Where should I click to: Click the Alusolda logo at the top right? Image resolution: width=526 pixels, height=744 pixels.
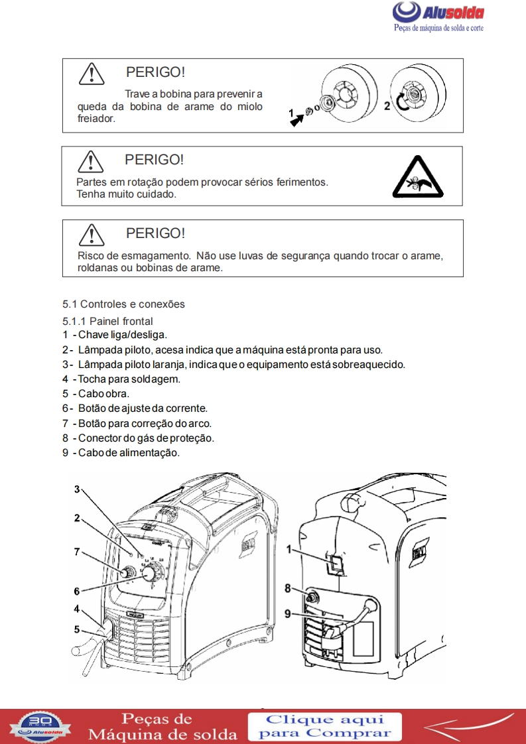coord(438,15)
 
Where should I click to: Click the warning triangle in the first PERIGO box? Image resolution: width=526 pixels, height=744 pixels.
coord(91,74)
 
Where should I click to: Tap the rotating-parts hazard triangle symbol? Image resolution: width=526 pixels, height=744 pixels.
coord(417,178)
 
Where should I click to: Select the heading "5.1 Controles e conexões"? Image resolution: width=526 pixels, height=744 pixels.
coord(123,304)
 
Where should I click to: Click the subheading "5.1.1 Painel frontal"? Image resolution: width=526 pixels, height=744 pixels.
coord(107,321)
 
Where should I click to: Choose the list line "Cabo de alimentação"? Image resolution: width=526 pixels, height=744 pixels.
coord(121,453)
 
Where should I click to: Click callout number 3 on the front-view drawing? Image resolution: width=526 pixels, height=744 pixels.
coord(77,489)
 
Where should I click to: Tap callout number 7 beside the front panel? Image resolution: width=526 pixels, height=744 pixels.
coord(77,551)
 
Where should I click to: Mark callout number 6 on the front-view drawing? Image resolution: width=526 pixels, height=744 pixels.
coord(77,591)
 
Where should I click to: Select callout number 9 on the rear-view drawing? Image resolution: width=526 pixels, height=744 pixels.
coord(289,614)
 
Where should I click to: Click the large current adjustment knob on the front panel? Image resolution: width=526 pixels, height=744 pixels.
coord(152,573)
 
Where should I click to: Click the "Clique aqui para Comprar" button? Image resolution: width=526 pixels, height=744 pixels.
coord(325,726)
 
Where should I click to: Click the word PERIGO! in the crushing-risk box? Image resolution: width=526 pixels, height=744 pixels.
coord(155,233)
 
